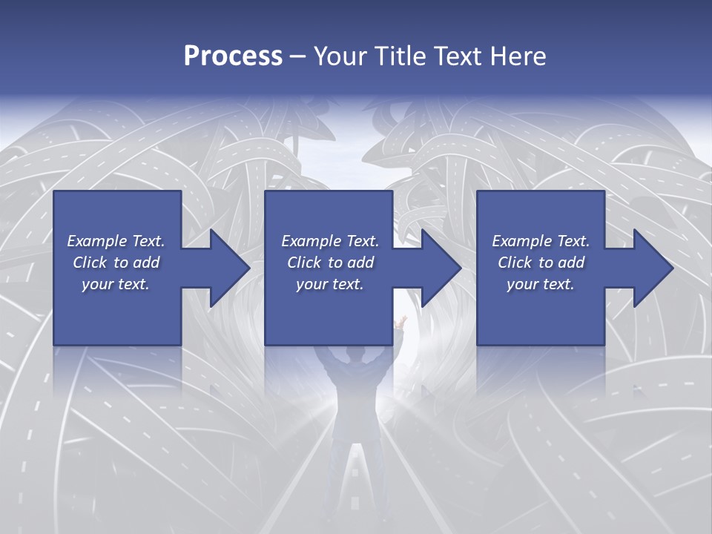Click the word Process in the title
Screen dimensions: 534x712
click(233, 56)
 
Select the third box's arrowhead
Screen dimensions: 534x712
click(652, 268)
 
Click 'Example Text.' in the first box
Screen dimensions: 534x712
click(116, 241)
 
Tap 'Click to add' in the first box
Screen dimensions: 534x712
click(116, 263)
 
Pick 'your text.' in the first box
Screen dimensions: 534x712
click(116, 284)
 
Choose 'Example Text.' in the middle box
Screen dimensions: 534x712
click(330, 241)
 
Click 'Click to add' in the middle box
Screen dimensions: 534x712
click(330, 263)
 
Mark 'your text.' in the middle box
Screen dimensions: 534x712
click(330, 284)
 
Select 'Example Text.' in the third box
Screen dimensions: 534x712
click(541, 241)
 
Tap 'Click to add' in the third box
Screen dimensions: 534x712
click(541, 263)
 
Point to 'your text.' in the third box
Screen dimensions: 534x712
click(541, 284)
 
